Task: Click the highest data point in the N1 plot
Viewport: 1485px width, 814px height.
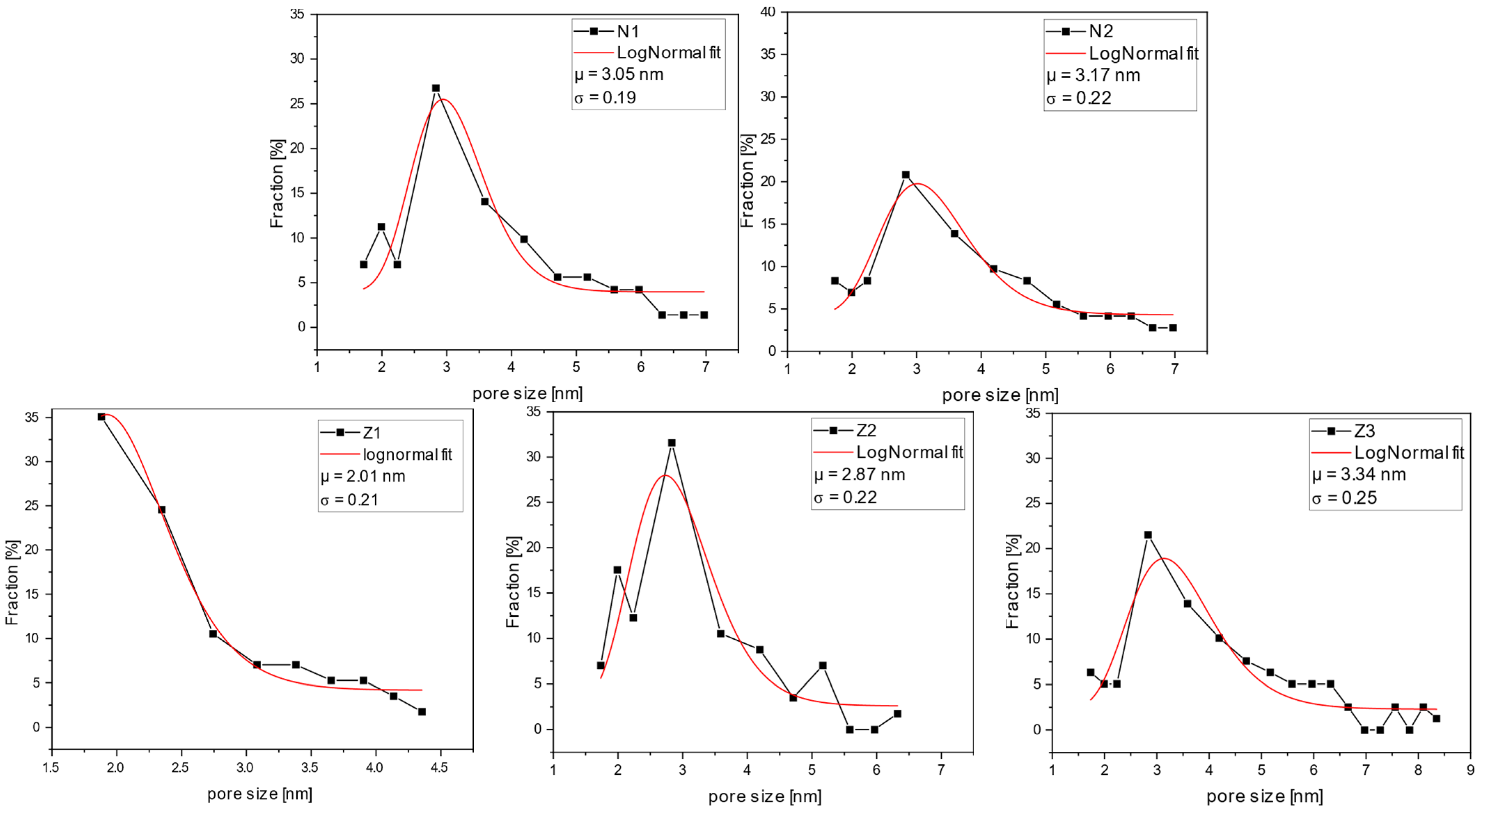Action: (436, 88)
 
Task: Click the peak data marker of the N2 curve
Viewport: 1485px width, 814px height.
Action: (906, 175)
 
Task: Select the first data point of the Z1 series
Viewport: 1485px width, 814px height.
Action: (101, 417)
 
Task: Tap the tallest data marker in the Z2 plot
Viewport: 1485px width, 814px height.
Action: (671, 443)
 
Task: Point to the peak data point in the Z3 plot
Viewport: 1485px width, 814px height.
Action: (1148, 535)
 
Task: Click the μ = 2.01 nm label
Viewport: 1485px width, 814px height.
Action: (363, 476)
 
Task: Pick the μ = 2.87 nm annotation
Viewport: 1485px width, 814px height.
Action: (859, 474)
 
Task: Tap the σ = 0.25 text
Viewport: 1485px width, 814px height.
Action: (1344, 498)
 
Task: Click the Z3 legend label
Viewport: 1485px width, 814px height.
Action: (1365, 430)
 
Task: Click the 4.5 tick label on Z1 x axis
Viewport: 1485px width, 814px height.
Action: (439, 767)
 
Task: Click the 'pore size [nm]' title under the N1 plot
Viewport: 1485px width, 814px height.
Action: (527, 393)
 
